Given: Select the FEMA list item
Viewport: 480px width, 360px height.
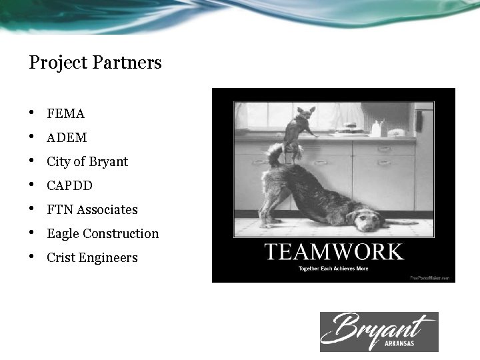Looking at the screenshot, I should point(65,114).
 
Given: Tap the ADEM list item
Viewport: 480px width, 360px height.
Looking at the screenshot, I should point(67,138).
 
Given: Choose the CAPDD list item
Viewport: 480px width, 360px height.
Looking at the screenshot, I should point(69,186).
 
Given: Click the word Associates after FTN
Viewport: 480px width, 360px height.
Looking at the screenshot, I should point(107,210).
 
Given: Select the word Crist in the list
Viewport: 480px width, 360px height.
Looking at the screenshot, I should point(61,258).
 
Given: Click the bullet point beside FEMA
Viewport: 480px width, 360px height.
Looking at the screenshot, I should point(33,114).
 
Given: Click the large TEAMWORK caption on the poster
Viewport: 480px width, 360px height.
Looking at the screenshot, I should point(333,252).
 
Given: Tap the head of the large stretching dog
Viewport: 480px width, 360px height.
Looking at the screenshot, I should point(365,219).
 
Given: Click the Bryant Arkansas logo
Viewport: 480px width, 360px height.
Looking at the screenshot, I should point(379,331).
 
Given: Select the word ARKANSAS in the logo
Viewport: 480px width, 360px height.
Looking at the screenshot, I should point(404,343).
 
